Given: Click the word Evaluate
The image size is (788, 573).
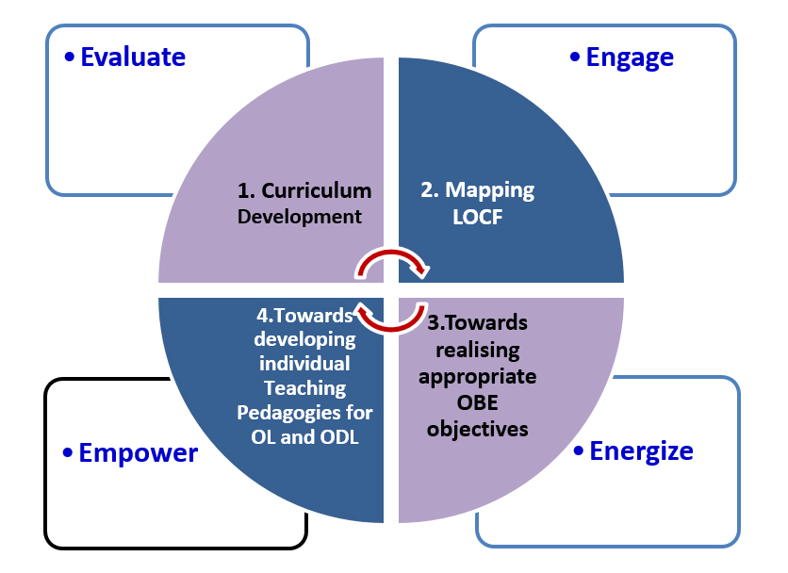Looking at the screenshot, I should point(133,57).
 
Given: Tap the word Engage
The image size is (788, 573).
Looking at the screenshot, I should point(630,57).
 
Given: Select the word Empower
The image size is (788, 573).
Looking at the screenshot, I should point(138,453).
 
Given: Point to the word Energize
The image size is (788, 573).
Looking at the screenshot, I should point(641,450).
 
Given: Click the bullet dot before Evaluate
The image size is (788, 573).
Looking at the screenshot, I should point(69,58).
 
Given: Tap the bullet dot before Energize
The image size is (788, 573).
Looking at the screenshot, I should point(579,451).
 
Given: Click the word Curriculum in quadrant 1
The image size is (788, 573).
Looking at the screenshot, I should point(317,190).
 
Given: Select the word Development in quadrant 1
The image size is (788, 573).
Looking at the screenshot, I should point(300,217).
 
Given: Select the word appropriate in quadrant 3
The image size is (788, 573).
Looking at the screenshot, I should point(478,377).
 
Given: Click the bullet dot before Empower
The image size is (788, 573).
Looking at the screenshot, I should point(68,454).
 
